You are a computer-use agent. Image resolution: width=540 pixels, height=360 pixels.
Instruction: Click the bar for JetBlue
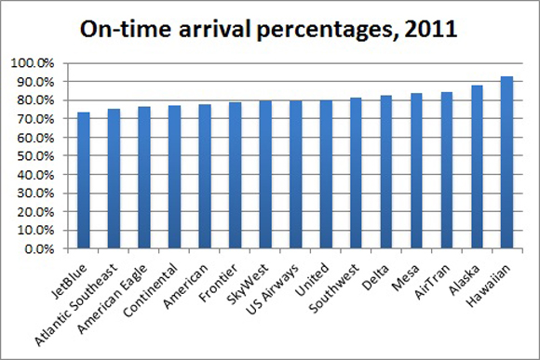pos(84,180)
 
